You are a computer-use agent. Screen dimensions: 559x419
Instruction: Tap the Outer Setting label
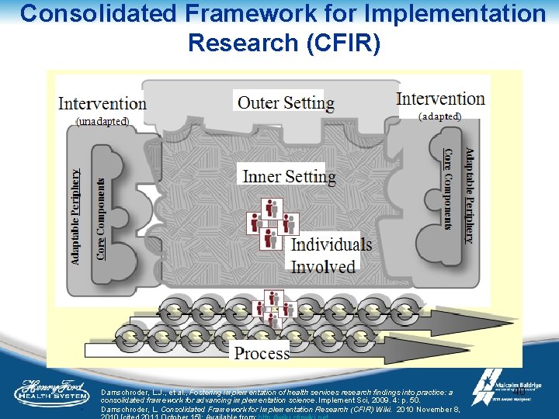tap(286, 102)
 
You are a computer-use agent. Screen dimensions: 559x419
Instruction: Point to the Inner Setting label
tap(289, 176)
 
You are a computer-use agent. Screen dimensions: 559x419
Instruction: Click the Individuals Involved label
tap(331, 255)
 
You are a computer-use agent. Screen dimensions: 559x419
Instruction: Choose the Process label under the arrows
tap(262, 354)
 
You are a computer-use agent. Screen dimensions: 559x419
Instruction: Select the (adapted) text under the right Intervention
tap(439, 116)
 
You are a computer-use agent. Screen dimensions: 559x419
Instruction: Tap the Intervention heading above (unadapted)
tap(102, 103)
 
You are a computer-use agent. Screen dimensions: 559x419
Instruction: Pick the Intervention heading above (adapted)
tap(440, 99)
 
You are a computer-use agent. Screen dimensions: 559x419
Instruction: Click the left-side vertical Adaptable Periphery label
tap(75, 217)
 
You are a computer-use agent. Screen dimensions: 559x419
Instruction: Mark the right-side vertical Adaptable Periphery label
tap(470, 196)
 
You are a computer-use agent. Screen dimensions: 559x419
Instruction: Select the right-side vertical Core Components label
tap(447, 189)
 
